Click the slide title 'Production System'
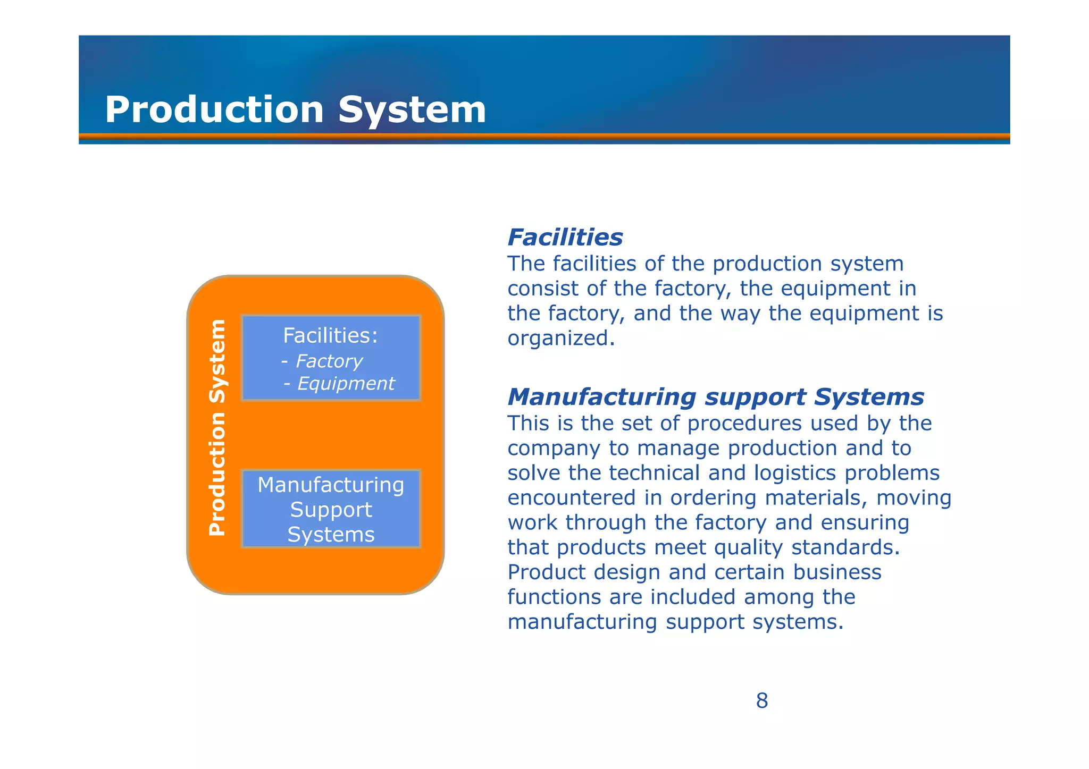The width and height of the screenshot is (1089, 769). click(x=295, y=109)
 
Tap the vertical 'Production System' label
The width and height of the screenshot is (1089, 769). click(x=217, y=428)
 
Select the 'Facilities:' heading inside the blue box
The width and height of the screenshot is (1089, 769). click(x=330, y=336)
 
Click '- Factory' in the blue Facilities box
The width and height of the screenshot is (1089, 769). click(x=322, y=361)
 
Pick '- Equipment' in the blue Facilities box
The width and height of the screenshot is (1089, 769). click(x=339, y=384)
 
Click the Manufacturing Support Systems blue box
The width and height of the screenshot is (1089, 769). click(x=331, y=509)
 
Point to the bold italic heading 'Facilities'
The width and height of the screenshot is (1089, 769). click(x=565, y=238)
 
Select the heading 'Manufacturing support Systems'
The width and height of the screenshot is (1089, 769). click(x=715, y=397)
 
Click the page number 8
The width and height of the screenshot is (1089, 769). click(x=761, y=701)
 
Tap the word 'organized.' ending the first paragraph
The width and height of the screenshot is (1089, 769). click(x=561, y=339)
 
